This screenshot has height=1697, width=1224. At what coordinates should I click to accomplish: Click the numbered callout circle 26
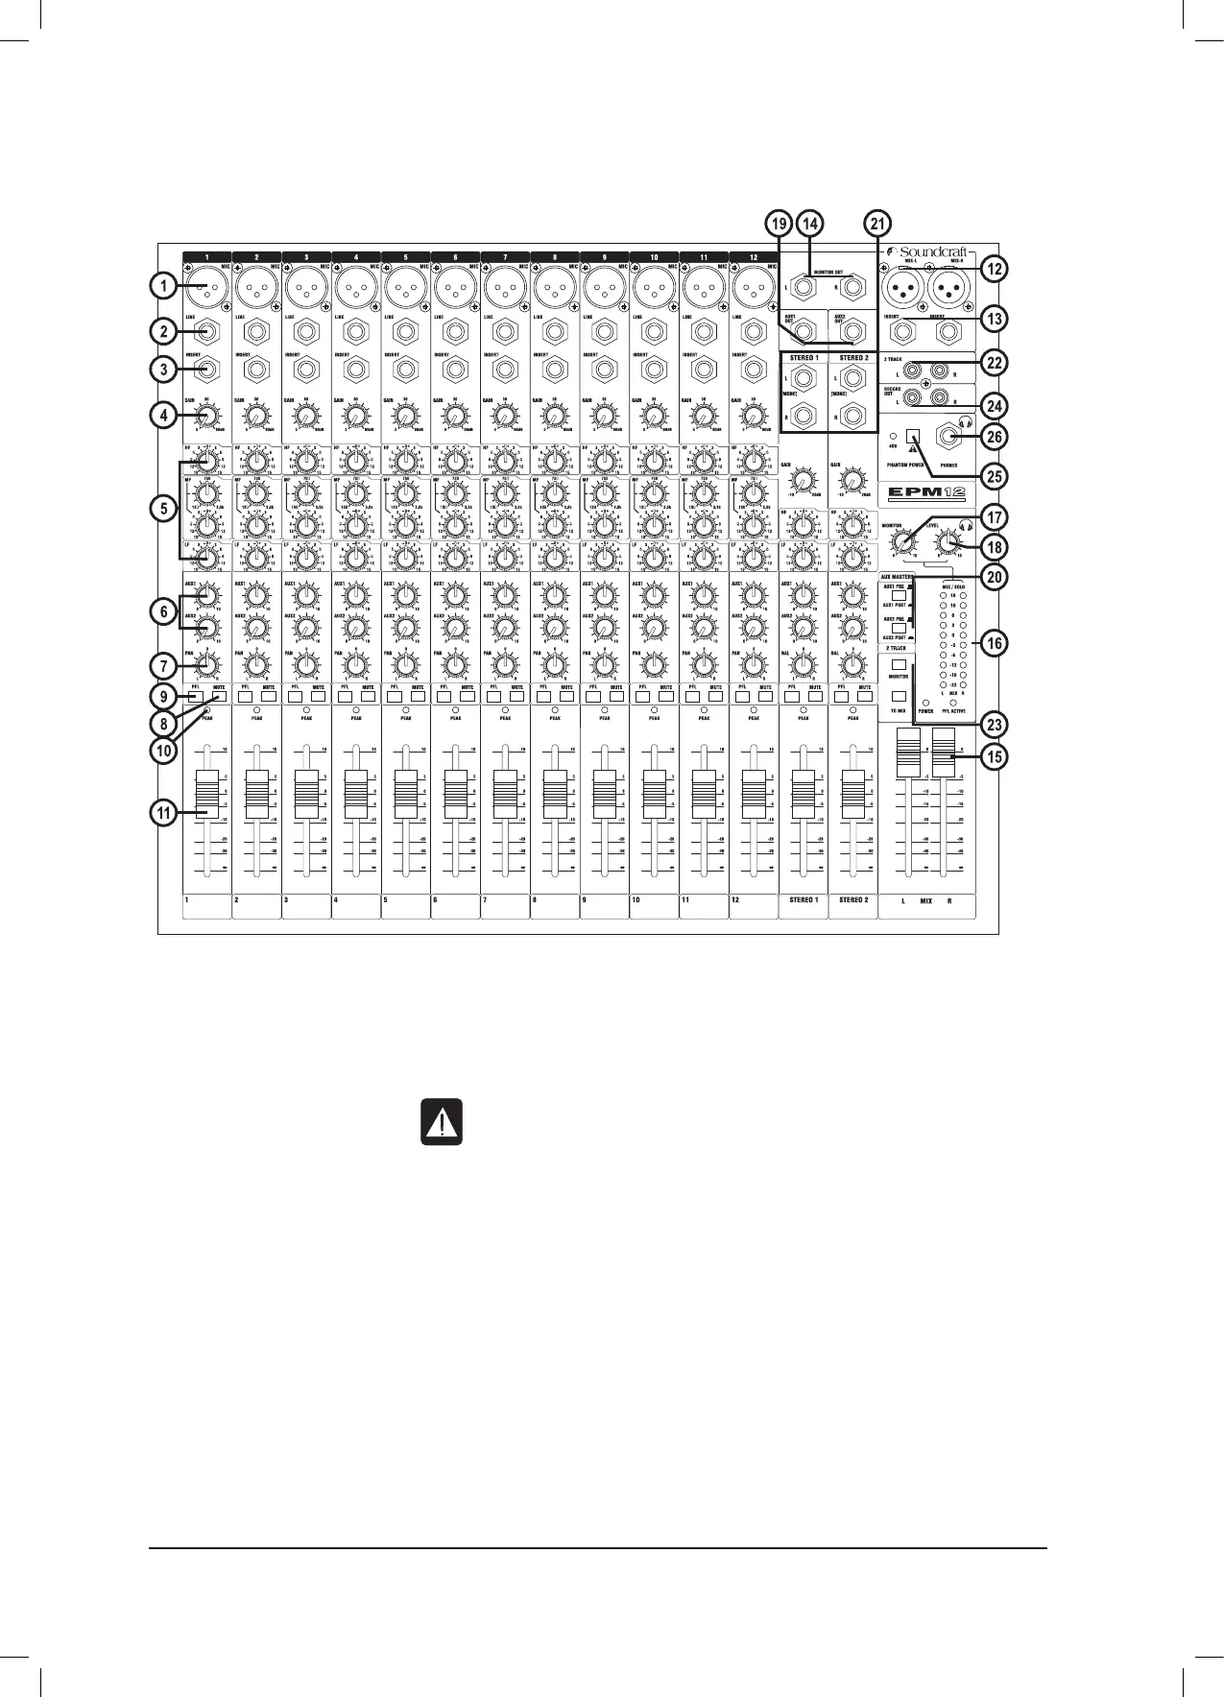[995, 437]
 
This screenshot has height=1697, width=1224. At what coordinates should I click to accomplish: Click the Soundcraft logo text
[928, 252]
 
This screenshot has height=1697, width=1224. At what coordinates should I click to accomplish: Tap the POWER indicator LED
[925, 703]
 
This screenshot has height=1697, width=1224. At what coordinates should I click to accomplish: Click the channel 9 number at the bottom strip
[584, 900]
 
